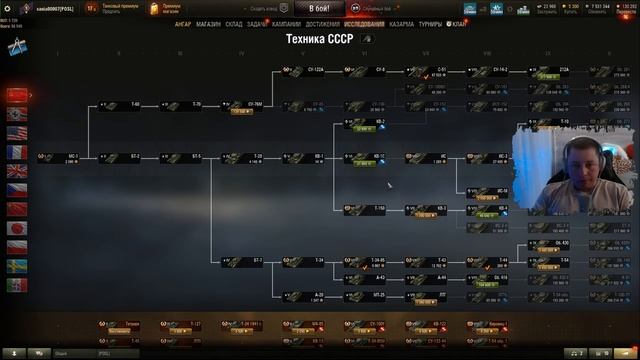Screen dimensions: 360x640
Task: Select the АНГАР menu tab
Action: coord(183,23)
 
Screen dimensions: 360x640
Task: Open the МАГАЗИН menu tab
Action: coord(209,23)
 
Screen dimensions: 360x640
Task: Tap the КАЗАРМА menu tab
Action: coord(402,23)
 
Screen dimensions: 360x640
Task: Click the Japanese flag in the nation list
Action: coord(16,227)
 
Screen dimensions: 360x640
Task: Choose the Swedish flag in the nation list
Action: coord(16,265)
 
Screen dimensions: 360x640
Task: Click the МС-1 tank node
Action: coord(68,158)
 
